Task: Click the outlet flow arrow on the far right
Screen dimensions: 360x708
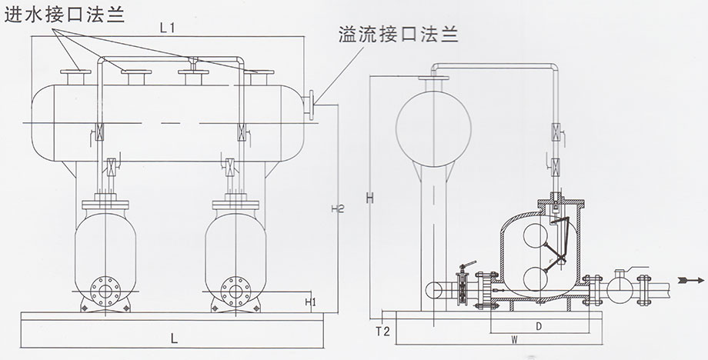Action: (693, 279)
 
